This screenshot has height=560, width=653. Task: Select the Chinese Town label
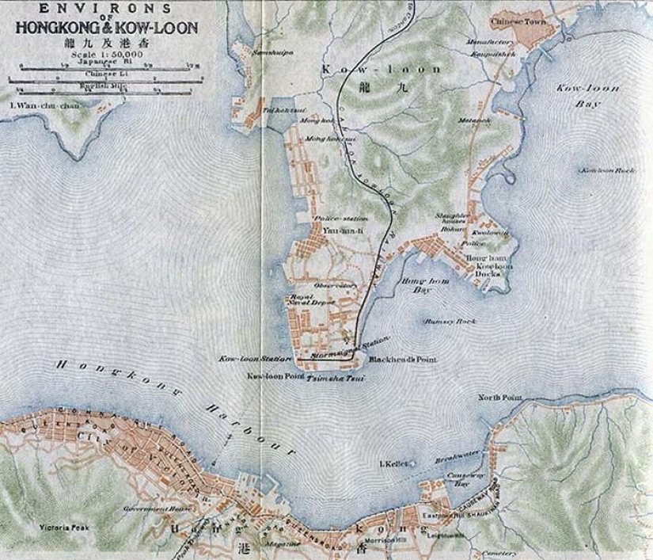[x=515, y=22]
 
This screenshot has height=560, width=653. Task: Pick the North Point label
[x=495, y=397]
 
